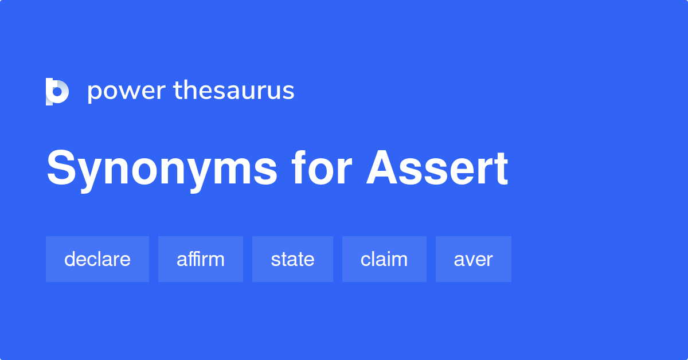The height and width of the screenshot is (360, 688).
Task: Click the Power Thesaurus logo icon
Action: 57,92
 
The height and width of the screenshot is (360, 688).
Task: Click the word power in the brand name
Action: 127,92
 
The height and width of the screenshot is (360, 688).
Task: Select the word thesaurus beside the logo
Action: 234,90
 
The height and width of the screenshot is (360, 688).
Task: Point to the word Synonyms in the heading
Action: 162,170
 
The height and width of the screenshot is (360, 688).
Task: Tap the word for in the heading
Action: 322,168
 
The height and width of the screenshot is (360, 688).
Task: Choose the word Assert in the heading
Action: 437,168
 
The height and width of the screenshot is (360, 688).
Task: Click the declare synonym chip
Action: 97,259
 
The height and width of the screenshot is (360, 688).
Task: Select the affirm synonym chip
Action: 201,259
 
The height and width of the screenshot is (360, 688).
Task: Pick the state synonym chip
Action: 292,259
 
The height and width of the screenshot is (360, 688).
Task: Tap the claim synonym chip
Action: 384,259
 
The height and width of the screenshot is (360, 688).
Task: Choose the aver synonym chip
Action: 474,259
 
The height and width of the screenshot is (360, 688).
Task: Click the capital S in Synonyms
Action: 61,168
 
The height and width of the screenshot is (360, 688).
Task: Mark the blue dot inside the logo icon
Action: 57,92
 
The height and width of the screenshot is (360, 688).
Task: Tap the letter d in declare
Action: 71,259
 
